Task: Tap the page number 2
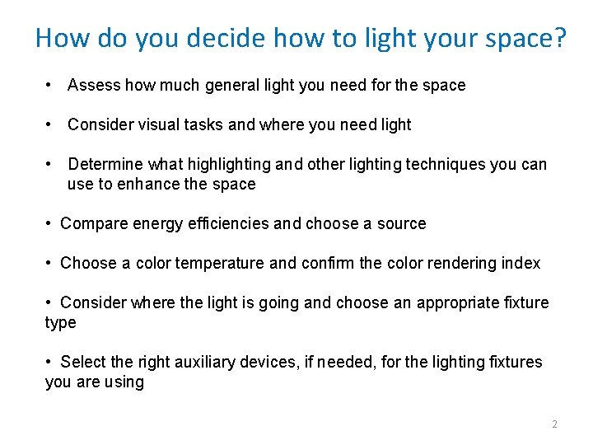coord(554,424)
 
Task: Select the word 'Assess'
coord(93,85)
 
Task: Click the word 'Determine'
coord(105,164)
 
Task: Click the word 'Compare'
coord(91,223)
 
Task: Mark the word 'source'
coord(401,223)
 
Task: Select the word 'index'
coord(521,263)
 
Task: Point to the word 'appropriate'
coord(455,303)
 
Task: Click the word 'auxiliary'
coord(207,362)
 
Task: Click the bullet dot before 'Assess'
coord(50,85)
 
